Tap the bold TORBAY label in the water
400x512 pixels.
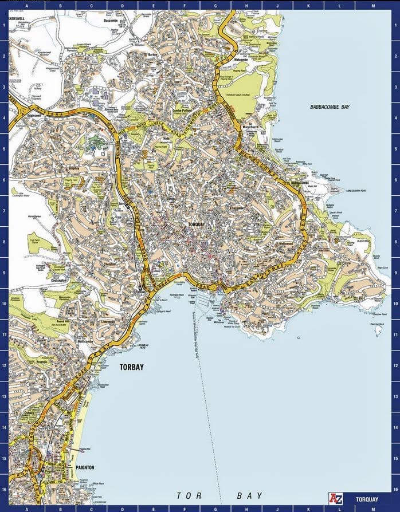(x=132, y=368)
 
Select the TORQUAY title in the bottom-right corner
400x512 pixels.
(x=366, y=498)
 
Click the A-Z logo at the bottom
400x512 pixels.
(x=335, y=498)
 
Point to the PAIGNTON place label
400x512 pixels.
(x=84, y=467)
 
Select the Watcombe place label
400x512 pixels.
(x=240, y=59)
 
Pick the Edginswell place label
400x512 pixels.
(x=35, y=115)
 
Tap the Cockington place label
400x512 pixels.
(x=58, y=281)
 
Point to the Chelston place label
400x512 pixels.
(x=110, y=264)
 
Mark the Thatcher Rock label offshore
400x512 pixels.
(x=377, y=325)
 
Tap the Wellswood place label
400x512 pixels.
(x=285, y=243)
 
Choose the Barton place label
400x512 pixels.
(x=152, y=54)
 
